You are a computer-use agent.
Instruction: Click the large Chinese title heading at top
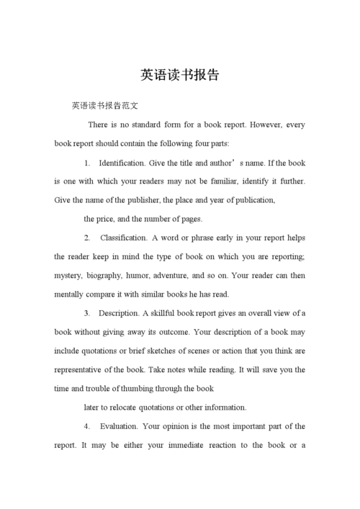point(180,75)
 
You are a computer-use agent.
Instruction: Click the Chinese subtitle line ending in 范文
point(104,106)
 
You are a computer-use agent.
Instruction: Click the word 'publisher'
point(140,200)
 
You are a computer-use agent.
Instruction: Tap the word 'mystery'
point(68,275)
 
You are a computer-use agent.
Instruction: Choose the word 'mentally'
point(70,294)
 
